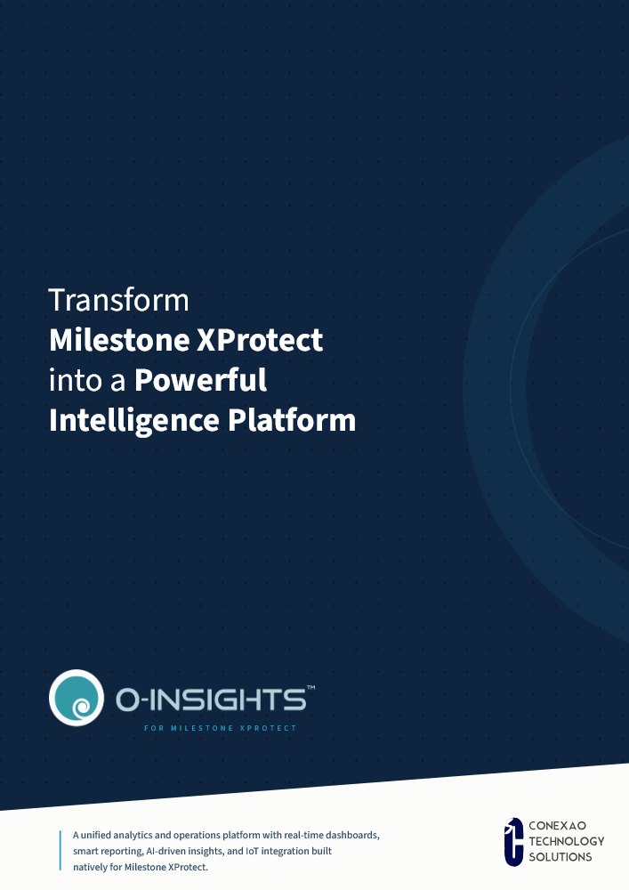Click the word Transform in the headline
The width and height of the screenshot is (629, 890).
[118, 300]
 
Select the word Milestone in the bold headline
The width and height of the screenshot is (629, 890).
[120, 340]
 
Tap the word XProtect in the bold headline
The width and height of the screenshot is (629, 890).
[260, 340]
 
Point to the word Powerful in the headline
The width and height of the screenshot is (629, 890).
[200, 380]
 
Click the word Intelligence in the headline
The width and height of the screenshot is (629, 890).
[133, 421]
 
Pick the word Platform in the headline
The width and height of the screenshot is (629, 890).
[292, 420]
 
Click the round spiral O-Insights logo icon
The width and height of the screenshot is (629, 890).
[77, 698]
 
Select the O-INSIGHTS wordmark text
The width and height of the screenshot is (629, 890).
[211, 700]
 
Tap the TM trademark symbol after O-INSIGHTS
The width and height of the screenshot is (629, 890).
[310, 688]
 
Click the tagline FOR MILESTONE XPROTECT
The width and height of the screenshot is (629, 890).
[220, 728]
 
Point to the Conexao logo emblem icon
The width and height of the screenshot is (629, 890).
[514, 842]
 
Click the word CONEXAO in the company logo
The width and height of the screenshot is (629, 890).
[558, 826]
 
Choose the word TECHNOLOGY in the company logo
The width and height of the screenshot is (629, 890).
[567, 841]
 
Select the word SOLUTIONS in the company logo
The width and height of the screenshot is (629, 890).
[560, 856]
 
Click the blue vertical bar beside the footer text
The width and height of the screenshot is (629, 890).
[60, 850]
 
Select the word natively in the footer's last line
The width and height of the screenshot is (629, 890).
[89, 867]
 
